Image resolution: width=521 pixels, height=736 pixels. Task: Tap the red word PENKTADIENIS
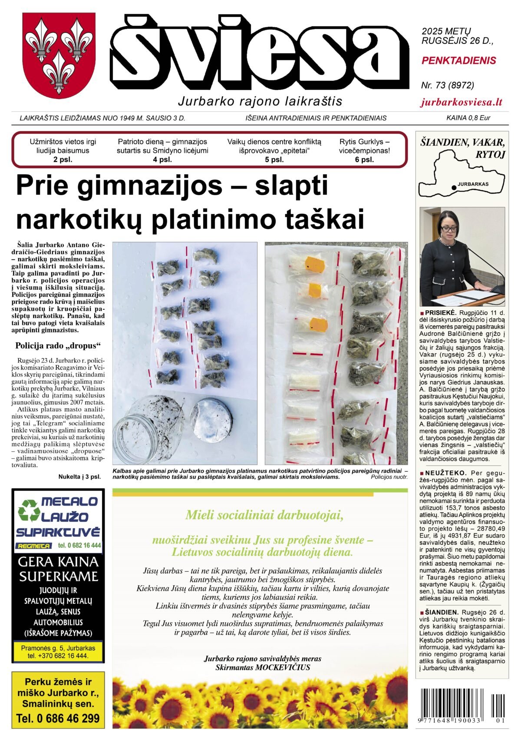pyautogui.click(x=458, y=61)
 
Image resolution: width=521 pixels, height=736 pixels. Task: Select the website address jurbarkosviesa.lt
pyautogui.click(x=462, y=103)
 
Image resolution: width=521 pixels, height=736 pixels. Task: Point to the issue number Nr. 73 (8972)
pyautogui.click(x=447, y=85)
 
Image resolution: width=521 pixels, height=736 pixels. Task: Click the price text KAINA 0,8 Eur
pyautogui.click(x=468, y=118)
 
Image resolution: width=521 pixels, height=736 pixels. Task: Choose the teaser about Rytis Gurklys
pyautogui.click(x=364, y=150)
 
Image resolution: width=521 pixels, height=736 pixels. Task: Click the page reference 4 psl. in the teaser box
pyautogui.click(x=162, y=159)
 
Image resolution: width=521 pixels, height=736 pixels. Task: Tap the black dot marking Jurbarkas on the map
pyautogui.click(x=454, y=187)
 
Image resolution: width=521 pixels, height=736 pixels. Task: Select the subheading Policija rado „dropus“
pyautogui.click(x=58, y=346)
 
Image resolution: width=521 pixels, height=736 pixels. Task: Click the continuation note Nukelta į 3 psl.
pyautogui.click(x=79, y=477)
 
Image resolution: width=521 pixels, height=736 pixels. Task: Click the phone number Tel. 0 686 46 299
pyautogui.click(x=58, y=718)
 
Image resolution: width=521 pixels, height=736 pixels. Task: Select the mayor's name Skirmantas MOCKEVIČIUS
pyautogui.click(x=263, y=667)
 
